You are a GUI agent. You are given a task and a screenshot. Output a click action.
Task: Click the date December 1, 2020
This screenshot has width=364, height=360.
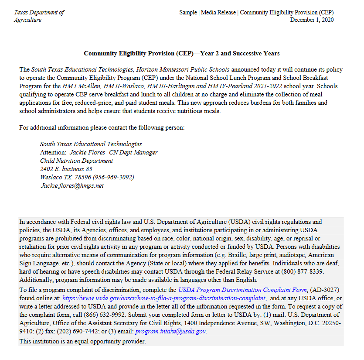[312, 20]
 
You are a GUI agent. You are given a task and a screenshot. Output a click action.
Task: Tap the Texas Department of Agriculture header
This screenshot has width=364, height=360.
[39, 16]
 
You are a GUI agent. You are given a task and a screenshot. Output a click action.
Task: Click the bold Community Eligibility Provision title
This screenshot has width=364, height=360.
[181, 53]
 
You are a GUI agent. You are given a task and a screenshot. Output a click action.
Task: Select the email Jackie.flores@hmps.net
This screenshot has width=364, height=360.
[72, 185]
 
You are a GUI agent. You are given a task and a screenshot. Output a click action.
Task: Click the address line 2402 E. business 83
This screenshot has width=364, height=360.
[66, 169]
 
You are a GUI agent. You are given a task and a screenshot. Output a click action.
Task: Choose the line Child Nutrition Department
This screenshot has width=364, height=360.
[76, 161]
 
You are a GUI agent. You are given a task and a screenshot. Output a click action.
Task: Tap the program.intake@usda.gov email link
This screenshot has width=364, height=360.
[170, 331]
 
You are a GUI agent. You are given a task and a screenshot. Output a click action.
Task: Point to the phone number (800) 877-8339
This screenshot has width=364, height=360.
[299, 271]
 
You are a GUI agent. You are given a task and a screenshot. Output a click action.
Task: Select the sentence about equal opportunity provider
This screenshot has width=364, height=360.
[82, 341]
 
